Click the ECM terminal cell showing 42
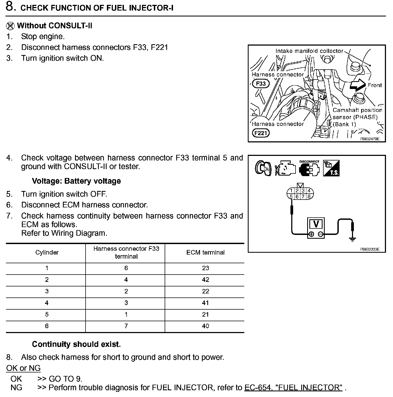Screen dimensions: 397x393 (x=205, y=280)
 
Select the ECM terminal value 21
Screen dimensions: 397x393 (x=205, y=314)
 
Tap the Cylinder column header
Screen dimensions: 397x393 (x=47, y=252)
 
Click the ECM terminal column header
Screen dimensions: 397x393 (x=205, y=252)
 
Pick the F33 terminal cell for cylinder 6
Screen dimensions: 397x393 (x=126, y=326)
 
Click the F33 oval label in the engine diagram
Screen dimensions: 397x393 (x=261, y=84)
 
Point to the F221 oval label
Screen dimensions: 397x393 (x=261, y=133)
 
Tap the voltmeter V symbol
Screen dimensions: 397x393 (x=316, y=224)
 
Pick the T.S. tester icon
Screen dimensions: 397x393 (x=331, y=168)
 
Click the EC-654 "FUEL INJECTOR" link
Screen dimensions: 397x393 (x=293, y=388)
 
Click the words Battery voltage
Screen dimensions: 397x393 (x=93, y=181)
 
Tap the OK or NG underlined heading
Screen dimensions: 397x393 (x=23, y=368)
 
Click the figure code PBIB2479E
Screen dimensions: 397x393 (x=370, y=139)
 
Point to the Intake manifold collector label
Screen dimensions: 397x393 (x=309, y=51)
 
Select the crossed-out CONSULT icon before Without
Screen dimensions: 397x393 (x=10, y=26)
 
